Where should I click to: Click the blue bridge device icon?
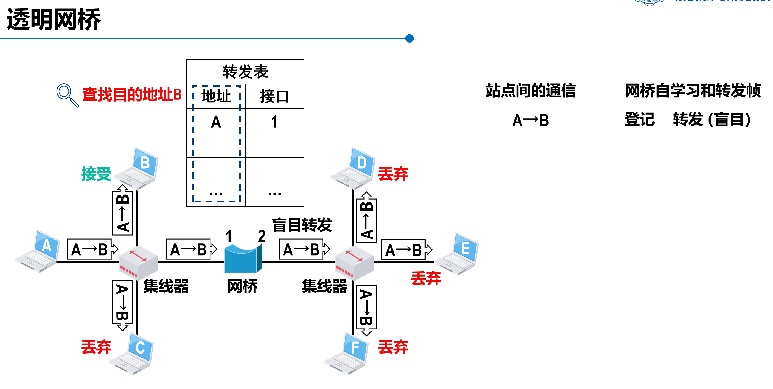pyautogui.click(x=243, y=258)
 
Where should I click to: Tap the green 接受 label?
pyautogui.click(x=96, y=174)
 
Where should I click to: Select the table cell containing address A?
pyautogui.click(x=216, y=121)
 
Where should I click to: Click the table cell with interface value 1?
pyautogui.click(x=274, y=121)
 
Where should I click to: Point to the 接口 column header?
pyautogui.click(x=274, y=96)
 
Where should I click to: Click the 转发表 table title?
pyautogui.click(x=245, y=72)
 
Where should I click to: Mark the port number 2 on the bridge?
pyautogui.click(x=261, y=236)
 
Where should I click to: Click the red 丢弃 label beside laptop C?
pyautogui.click(x=96, y=347)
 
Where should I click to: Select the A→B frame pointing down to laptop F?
pyautogui.click(x=366, y=309)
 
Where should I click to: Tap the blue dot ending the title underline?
pyautogui.click(x=409, y=38)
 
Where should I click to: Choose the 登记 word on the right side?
pyautogui.click(x=639, y=120)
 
